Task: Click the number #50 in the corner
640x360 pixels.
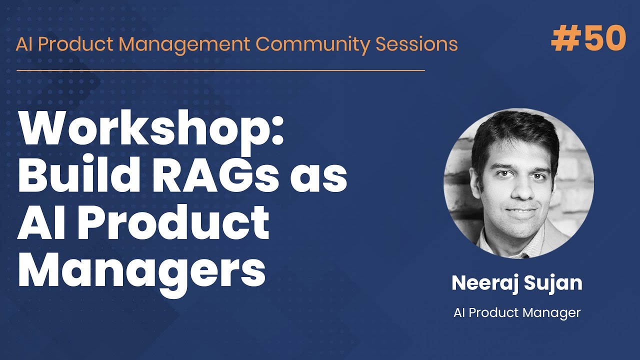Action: [x=588, y=39]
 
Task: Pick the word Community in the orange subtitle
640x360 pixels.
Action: [x=313, y=44]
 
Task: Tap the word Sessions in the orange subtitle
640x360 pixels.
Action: [x=416, y=44]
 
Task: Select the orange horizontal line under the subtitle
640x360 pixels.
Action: [x=220, y=70]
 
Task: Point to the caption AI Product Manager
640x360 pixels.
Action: [x=517, y=313]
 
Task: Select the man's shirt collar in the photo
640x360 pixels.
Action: [x=495, y=240]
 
